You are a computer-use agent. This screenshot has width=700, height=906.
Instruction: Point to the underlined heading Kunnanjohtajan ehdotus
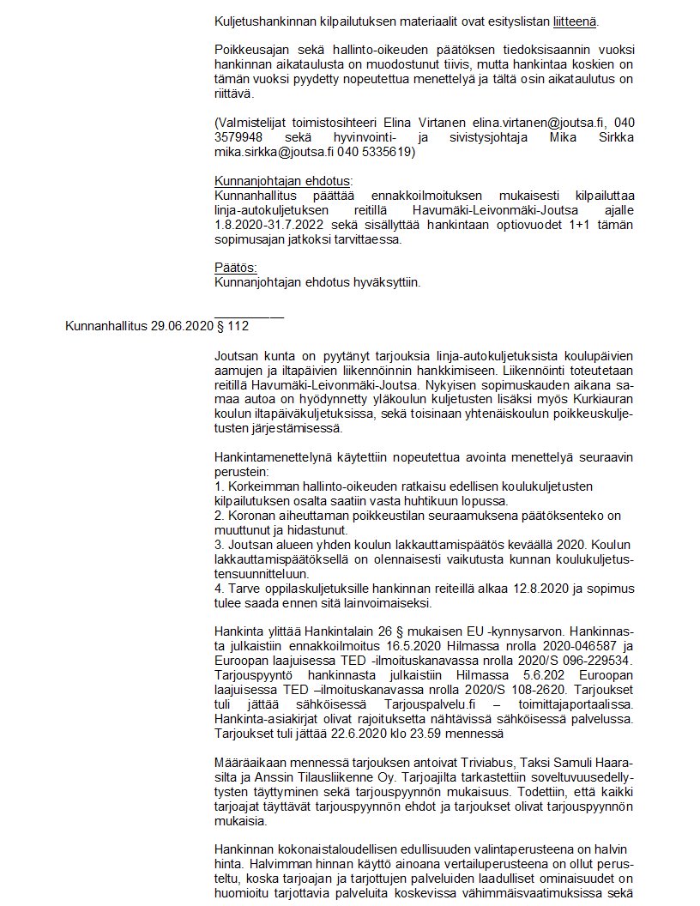pos(282,181)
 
